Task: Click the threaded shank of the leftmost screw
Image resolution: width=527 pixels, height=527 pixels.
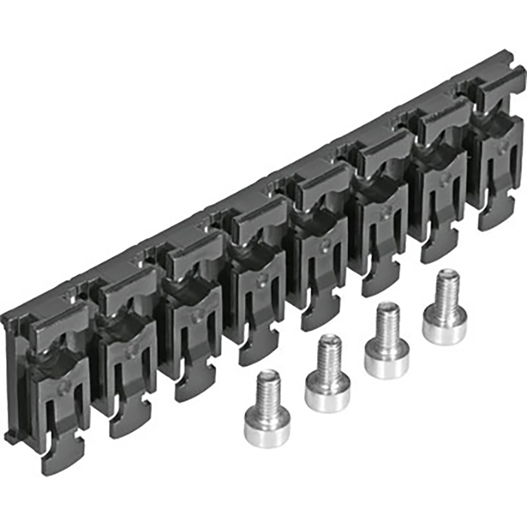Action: pos(267,388)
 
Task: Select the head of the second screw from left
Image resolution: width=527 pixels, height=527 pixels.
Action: pos(327,391)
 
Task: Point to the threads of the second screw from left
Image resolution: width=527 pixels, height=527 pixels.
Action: pos(329,354)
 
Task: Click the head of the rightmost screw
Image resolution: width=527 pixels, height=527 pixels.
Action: pos(444,327)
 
